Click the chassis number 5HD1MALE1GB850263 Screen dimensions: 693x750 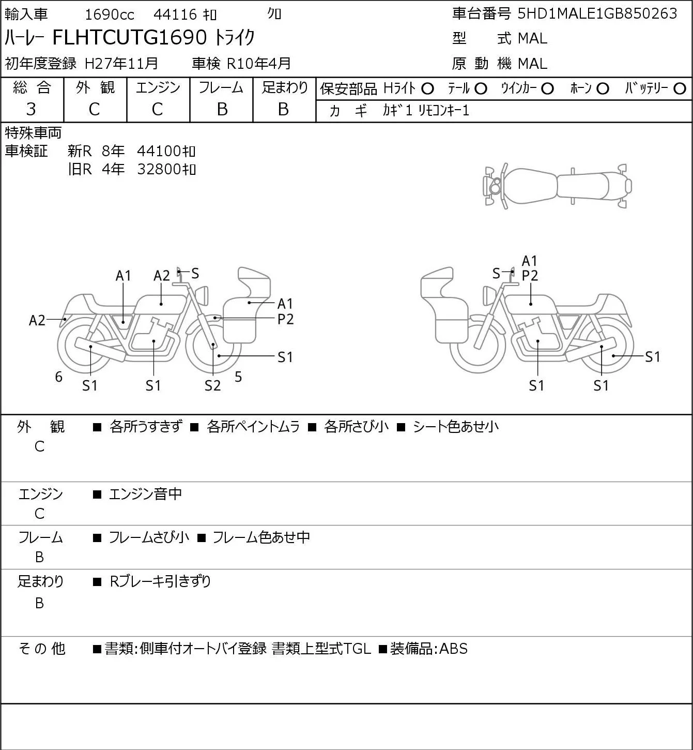(597, 13)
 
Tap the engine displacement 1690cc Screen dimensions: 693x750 (110, 14)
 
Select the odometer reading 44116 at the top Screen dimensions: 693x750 (175, 14)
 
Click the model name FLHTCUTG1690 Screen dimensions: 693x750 (130, 37)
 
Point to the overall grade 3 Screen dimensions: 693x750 (31, 109)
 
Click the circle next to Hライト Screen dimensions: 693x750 (427, 89)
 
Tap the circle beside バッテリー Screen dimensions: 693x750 (680, 89)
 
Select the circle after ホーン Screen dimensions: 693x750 (603, 89)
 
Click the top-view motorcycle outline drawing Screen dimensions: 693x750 (558, 186)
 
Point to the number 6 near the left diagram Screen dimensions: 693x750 (58, 377)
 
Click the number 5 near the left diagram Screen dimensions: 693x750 (238, 377)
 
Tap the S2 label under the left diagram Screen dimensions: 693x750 (212, 385)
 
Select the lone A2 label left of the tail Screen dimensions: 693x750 (37, 320)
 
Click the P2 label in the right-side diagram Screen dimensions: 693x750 (530, 276)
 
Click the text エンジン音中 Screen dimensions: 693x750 (146, 494)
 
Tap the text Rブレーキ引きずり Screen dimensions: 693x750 (160, 581)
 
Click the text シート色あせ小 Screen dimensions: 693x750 (456, 427)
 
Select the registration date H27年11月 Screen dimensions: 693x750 (121, 64)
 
